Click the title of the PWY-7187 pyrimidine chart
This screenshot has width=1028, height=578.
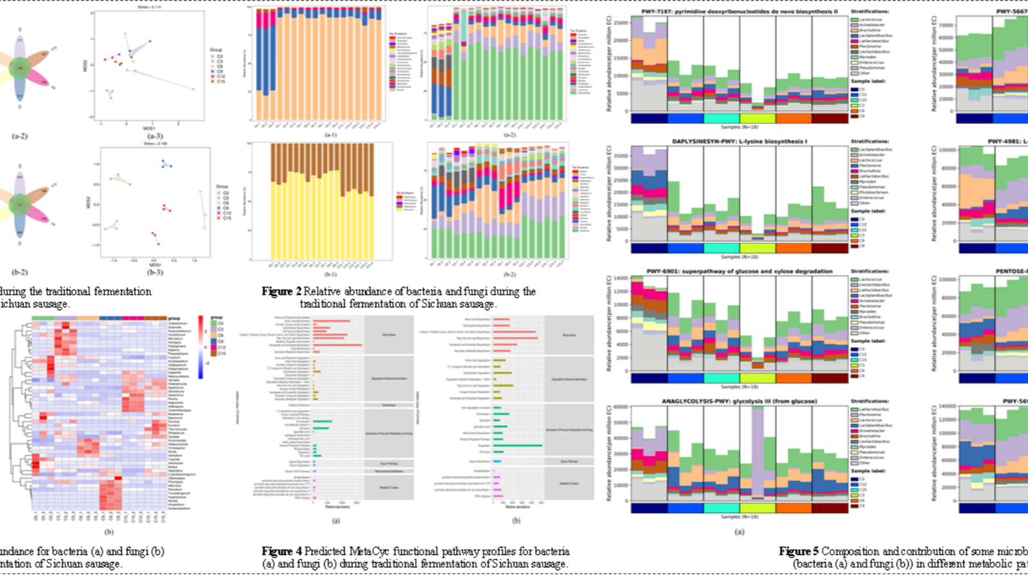(x=740, y=12)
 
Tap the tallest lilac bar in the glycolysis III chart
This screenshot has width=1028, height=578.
(x=758, y=450)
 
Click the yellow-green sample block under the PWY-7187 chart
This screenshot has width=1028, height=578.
(x=758, y=118)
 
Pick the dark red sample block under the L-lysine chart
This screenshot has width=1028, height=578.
(x=829, y=248)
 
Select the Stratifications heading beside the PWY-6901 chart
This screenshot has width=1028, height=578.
(x=870, y=271)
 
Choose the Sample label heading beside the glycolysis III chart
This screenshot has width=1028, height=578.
(x=868, y=471)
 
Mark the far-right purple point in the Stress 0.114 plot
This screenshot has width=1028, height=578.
(x=193, y=89)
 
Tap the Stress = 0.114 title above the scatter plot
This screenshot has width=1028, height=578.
(x=152, y=7)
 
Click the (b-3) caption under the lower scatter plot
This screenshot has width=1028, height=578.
(x=155, y=272)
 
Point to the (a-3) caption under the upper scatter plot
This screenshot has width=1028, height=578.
(x=155, y=136)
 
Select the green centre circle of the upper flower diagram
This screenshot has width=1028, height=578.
(x=20, y=67)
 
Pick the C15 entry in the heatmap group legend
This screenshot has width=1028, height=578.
(x=221, y=353)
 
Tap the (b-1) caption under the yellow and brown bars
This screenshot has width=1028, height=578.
(x=330, y=274)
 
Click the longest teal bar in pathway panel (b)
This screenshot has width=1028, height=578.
(x=517, y=446)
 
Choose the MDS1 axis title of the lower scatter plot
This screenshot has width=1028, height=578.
(x=155, y=265)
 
